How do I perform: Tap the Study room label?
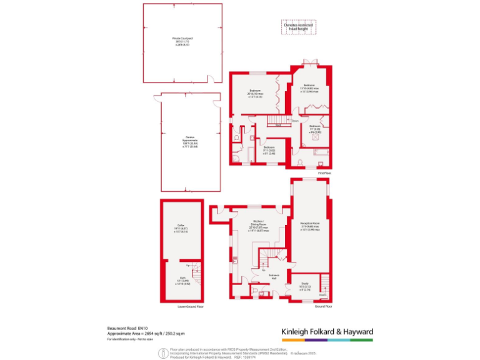tap(305, 287)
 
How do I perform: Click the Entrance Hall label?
tap(273, 277)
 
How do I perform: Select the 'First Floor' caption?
tap(324, 171)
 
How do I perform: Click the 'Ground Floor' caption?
tap(323, 307)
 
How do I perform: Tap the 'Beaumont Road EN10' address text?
tap(128, 327)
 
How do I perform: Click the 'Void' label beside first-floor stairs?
tap(277, 125)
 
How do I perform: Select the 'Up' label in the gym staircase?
tap(189, 266)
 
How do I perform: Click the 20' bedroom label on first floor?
tap(255, 94)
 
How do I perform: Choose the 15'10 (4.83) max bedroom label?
tap(311, 89)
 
